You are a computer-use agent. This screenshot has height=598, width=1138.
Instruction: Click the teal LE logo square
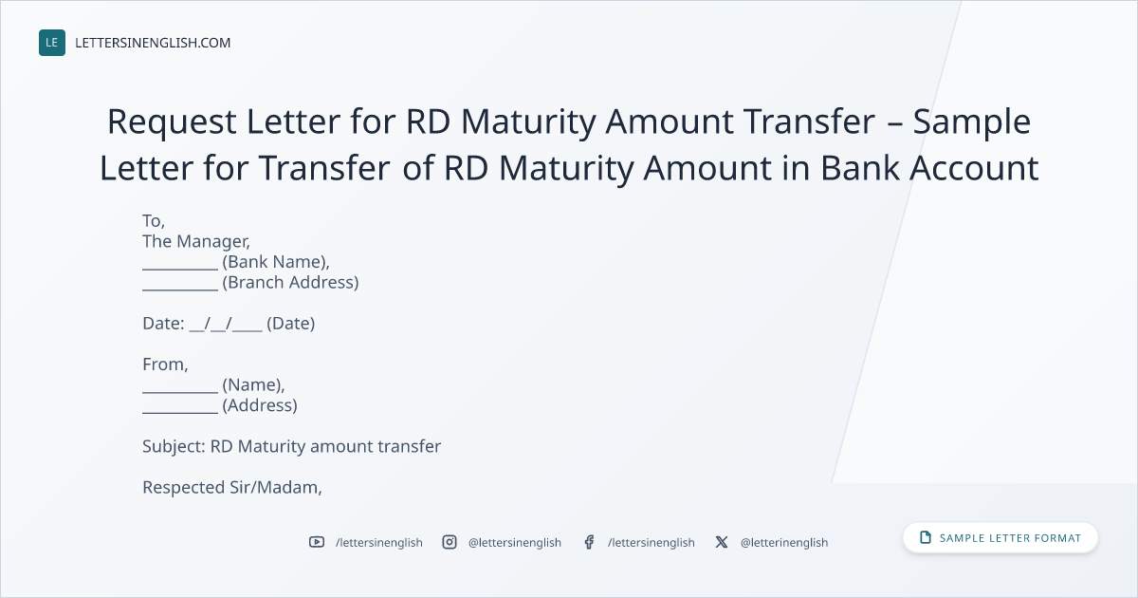point(52,43)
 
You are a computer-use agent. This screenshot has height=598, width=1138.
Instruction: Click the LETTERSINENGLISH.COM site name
point(153,43)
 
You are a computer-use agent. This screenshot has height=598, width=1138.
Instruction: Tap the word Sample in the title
point(972,122)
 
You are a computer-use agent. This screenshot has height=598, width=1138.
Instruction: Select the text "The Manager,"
point(196,241)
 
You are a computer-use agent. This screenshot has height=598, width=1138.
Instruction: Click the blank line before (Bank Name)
point(180,269)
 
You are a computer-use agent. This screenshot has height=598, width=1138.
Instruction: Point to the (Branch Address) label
point(290,282)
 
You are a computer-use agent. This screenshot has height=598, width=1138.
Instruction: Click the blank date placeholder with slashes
point(226,324)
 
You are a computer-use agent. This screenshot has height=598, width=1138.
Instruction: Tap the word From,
point(165,364)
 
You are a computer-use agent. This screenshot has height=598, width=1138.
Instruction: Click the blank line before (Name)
point(180,392)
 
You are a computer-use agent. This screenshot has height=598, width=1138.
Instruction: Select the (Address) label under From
point(260,405)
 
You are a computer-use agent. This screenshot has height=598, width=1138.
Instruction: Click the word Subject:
point(174,446)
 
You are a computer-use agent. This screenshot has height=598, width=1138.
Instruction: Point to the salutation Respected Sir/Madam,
point(232,488)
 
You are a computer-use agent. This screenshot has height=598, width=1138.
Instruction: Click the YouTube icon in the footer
point(317,542)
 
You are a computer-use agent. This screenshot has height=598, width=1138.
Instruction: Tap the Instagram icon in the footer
point(450,542)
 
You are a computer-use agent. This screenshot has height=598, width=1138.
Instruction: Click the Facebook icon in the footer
point(589,542)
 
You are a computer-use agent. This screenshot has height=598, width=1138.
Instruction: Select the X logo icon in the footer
point(722,542)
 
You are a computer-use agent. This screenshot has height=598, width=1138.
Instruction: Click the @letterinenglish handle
point(784,543)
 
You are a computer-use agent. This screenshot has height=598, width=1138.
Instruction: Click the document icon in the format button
point(926,537)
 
